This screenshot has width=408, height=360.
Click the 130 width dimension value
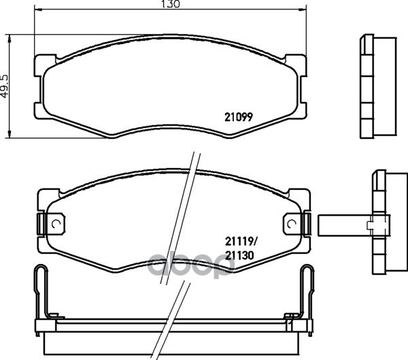pyautogui.click(x=171, y=4)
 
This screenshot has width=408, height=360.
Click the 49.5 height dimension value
pyautogui.click(x=5, y=86)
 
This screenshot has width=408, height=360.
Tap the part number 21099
pyautogui.click(x=239, y=117)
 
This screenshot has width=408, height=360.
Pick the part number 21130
pyautogui.click(x=239, y=256)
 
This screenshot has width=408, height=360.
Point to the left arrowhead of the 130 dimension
pyautogui.click(x=38, y=10)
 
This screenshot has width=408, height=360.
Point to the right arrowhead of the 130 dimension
pyautogui.click(x=303, y=10)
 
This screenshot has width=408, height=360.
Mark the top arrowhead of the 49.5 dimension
pyautogui.click(x=10, y=38)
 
